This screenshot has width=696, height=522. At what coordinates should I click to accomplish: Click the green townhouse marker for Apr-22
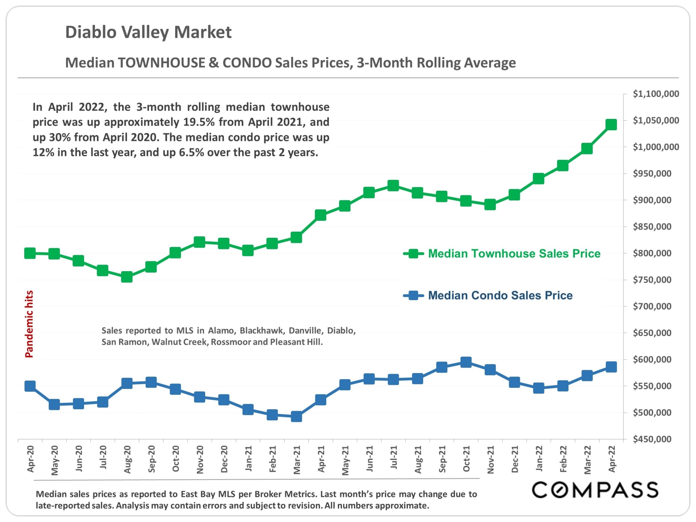click(x=611, y=125)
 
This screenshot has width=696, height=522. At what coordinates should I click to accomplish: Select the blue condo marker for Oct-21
click(x=466, y=362)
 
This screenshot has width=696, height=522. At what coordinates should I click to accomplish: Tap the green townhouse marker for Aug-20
click(x=127, y=277)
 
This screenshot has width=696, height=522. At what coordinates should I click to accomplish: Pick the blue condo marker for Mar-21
click(x=297, y=417)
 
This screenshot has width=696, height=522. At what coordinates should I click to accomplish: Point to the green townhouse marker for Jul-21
click(x=393, y=186)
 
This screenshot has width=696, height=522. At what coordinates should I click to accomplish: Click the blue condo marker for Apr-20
click(x=30, y=386)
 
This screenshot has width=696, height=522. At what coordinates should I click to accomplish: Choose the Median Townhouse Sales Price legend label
click(x=514, y=253)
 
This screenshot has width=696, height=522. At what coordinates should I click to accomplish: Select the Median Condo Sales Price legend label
click(x=500, y=295)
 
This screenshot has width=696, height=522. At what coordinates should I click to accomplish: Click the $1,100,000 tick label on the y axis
click(x=656, y=94)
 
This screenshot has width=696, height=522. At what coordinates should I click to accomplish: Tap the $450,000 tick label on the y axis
click(x=652, y=439)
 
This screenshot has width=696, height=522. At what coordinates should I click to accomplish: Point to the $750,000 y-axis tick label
click(x=652, y=280)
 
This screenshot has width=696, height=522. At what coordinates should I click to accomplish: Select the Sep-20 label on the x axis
click(x=152, y=459)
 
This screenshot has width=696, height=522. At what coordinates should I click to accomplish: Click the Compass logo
click(x=595, y=490)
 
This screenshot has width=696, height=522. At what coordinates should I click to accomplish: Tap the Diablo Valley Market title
click(x=148, y=32)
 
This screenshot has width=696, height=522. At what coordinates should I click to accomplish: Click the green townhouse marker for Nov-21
click(x=490, y=205)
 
